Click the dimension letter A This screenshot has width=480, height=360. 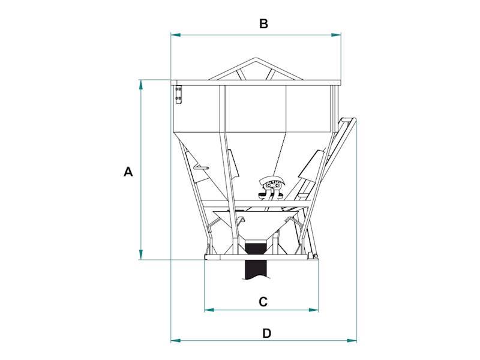click(x=128, y=172)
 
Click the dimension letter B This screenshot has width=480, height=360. click(x=263, y=23)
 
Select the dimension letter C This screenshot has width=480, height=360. click(x=263, y=302)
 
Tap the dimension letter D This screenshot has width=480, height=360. click(x=267, y=334)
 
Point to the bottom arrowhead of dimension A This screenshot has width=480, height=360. click(x=141, y=254)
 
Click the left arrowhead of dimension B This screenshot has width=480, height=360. click(x=176, y=35)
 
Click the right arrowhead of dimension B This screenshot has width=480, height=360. click(x=336, y=35)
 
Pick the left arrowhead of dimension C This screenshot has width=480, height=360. click(x=209, y=310)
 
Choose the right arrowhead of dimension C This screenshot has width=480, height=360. click(x=313, y=310)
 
